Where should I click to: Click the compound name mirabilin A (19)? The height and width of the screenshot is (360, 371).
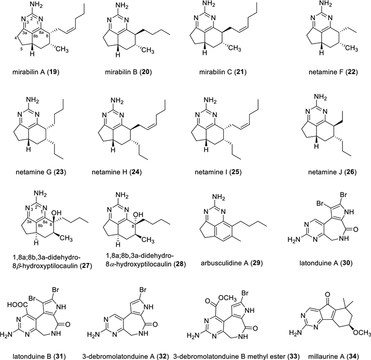click(x=36, y=72)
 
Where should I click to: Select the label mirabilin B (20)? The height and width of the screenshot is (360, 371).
click(x=128, y=72)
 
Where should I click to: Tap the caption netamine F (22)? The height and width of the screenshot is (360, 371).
click(x=333, y=72)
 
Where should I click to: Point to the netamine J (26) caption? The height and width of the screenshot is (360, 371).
click(x=332, y=172)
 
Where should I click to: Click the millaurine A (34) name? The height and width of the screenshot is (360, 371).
click(x=333, y=356)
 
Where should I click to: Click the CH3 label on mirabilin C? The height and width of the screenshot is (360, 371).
click(x=234, y=49)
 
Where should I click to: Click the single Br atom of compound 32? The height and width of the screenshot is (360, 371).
click(x=143, y=290)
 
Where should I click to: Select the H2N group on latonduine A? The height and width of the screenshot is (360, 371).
click(x=293, y=239)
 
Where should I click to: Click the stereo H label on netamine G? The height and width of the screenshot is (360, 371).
click(x=29, y=149)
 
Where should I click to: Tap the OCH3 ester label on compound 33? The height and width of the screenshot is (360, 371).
click(x=227, y=298)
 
